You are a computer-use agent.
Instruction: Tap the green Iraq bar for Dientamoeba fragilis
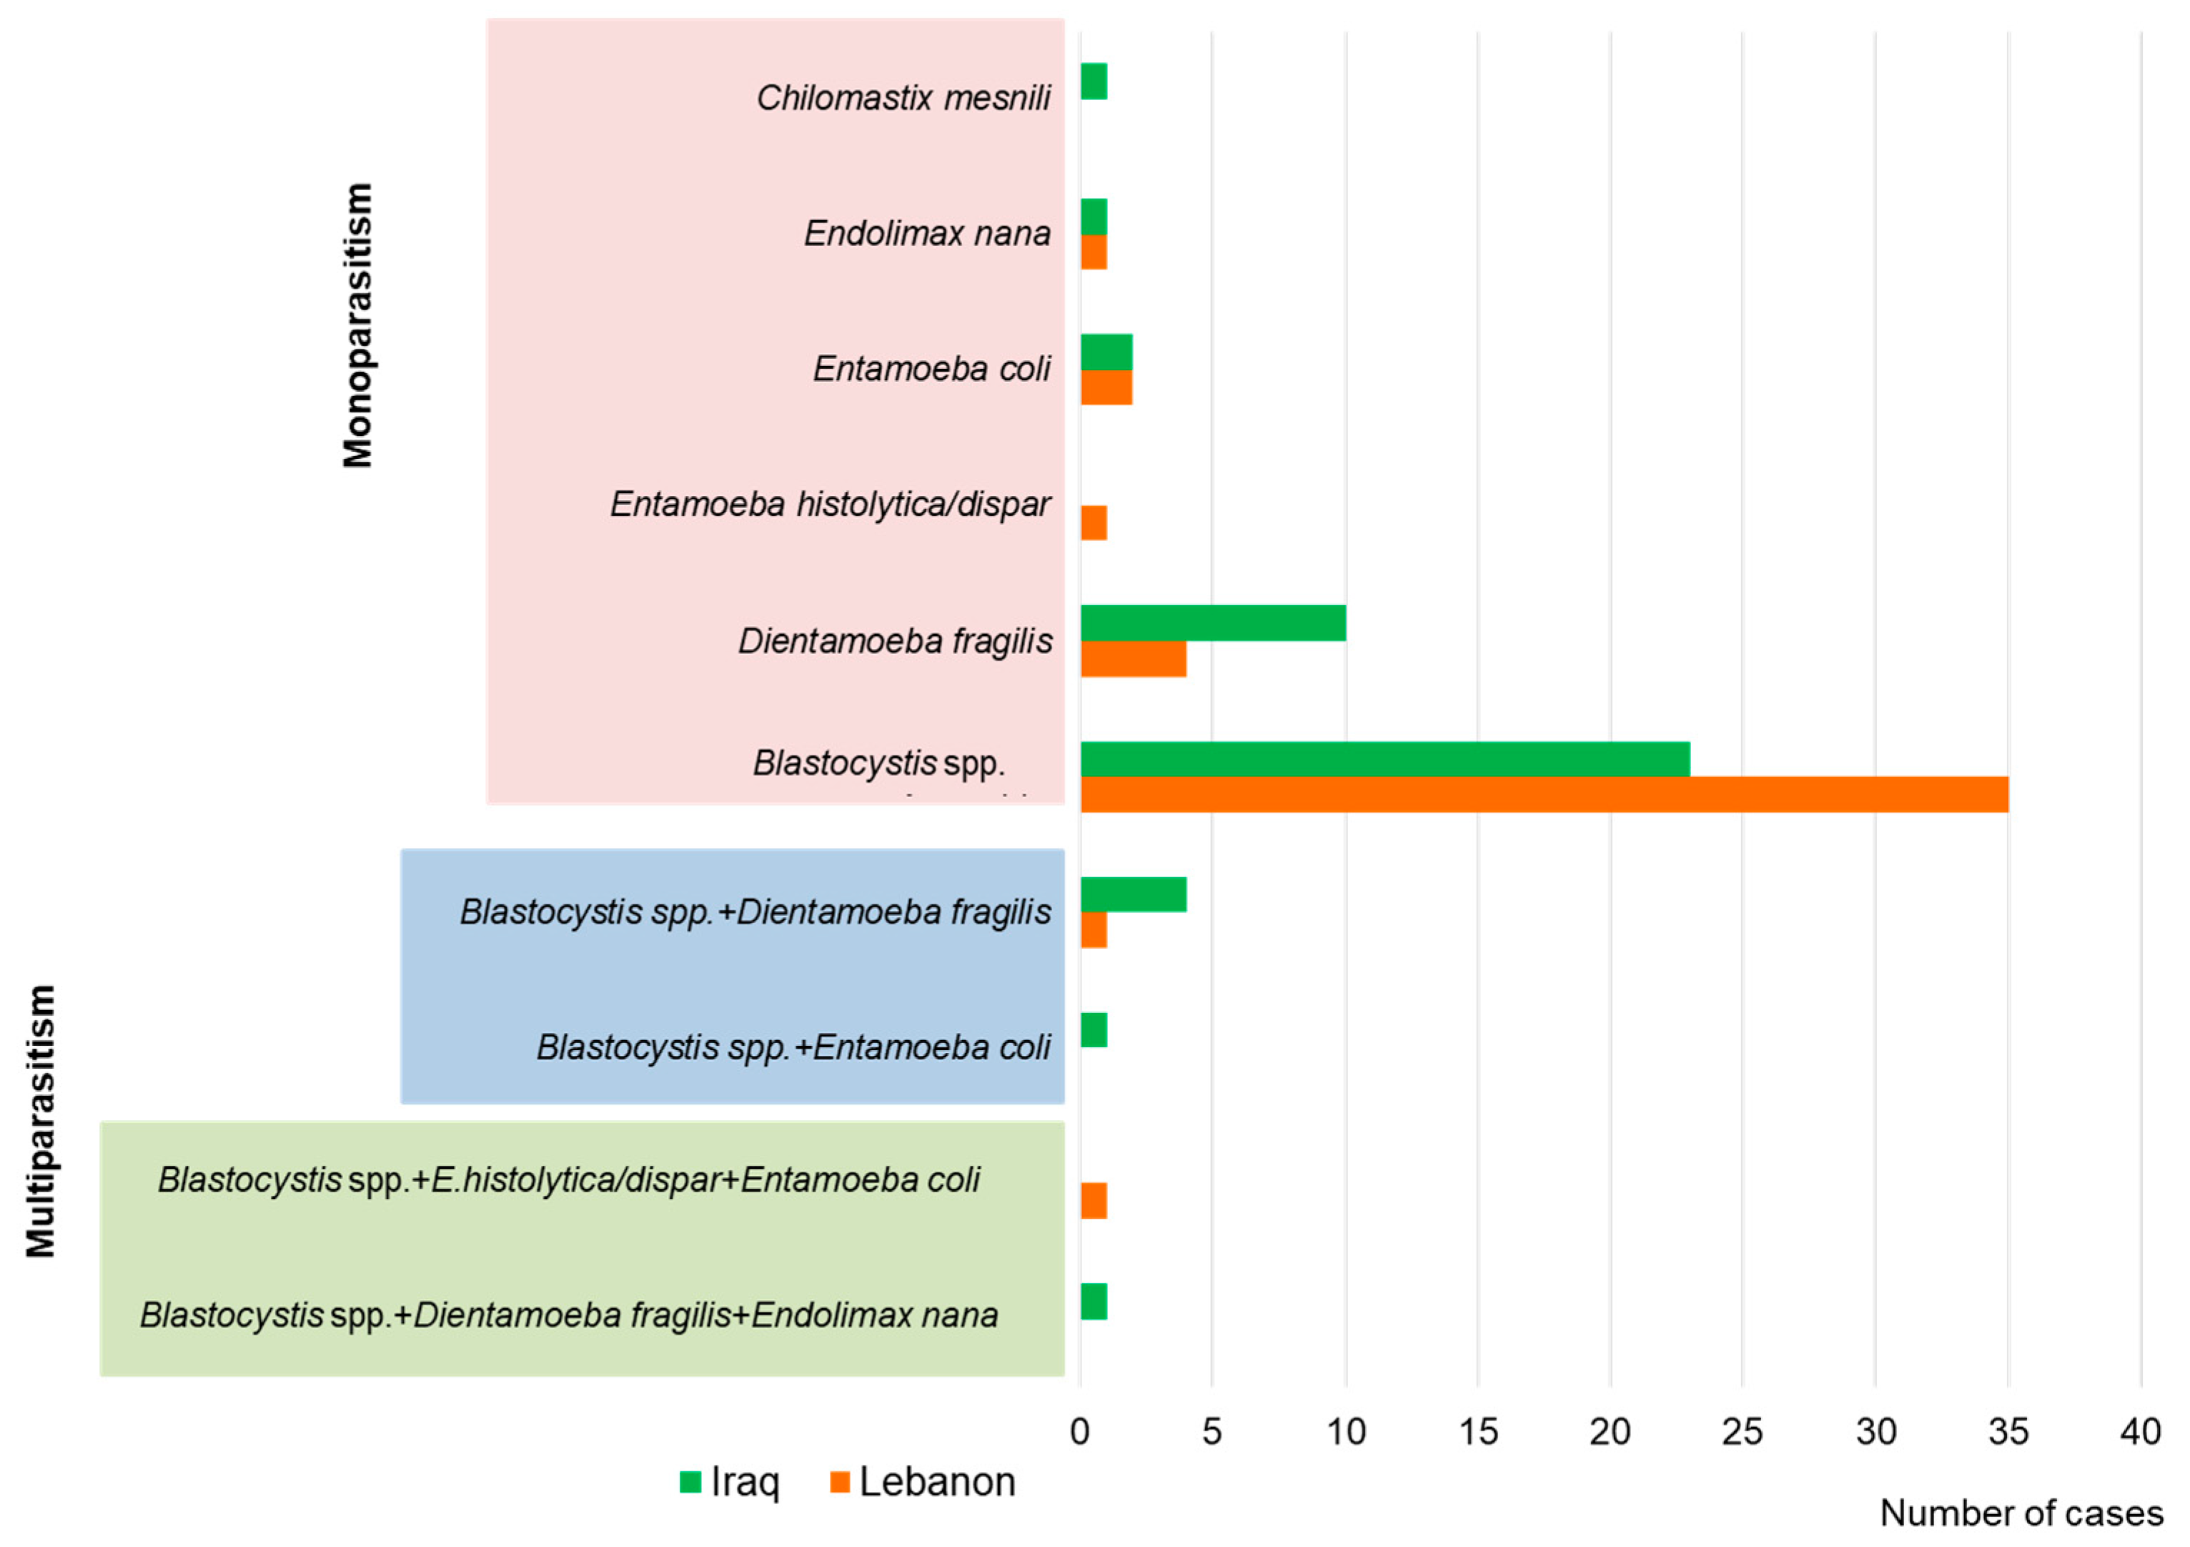[1212, 623]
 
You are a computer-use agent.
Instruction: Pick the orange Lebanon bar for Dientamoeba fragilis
[1133, 659]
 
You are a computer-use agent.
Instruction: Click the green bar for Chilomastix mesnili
[1093, 81]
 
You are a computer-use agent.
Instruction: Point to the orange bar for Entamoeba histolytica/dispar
[1093, 523]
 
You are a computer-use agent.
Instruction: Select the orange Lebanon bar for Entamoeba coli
[1106, 387]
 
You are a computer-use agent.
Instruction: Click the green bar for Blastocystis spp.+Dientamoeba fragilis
[1133, 894]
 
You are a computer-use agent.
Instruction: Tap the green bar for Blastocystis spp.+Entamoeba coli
[1093, 1030]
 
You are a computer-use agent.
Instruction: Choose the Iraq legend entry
[730, 1482]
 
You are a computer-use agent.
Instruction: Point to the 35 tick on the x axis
[2007, 1432]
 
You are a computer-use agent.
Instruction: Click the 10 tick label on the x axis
[1345, 1432]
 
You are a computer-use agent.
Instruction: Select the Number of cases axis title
[2020, 1513]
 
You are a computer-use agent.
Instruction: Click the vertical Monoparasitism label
[357, 325]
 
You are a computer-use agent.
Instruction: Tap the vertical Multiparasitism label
[41, 1122]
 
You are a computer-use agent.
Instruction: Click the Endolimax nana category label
[926, 234]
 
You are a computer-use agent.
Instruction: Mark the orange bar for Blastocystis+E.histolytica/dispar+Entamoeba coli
[1093, 1201]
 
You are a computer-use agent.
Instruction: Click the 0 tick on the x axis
[1080, 1432]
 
